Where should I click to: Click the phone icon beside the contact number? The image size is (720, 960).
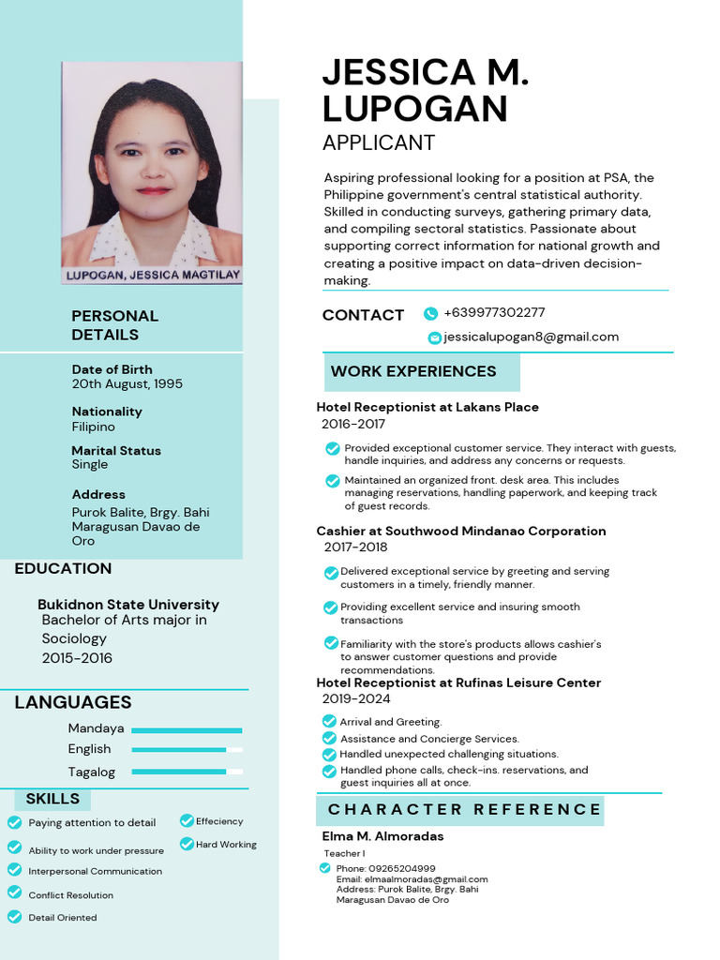(430, 314)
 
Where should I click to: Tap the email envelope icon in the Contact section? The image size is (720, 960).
(434, 337)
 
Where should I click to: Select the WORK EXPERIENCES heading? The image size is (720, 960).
(413, 371)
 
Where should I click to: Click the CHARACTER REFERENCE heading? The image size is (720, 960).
(464, 809)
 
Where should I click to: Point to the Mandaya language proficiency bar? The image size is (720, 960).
(187, 729)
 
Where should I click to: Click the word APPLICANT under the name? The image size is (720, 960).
(378, 142)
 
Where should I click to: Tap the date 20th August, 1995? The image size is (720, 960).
(127, 384)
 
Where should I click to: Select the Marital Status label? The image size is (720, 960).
(116, 451)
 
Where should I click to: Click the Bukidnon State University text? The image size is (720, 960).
(128, 605)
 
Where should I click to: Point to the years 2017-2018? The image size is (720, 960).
(355, 547)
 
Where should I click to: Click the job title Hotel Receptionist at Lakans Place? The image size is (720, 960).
(427, 408)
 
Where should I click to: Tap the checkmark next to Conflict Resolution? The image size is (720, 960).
(14, 893)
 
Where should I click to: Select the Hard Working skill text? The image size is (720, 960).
(226, 845)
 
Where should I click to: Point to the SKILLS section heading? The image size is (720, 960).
(52, 799)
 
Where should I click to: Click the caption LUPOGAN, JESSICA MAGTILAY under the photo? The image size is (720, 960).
(152, 276)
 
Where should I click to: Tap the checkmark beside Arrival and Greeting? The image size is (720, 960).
(328, 722)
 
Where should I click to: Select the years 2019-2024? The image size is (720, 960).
(355, 699)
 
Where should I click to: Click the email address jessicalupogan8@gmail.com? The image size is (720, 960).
(531, 337)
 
